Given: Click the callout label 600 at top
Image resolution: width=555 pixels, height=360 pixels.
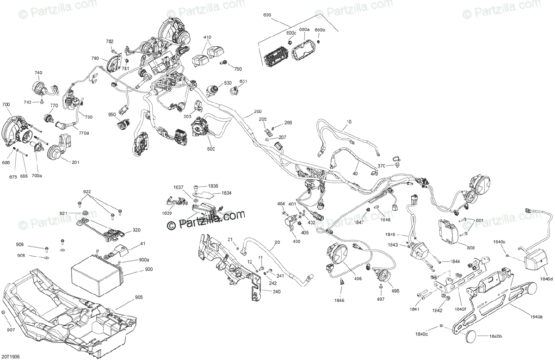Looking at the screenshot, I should (267, 15).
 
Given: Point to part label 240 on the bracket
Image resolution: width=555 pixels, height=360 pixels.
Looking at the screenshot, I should (276, 292).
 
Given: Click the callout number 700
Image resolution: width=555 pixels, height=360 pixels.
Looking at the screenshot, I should (6, 106).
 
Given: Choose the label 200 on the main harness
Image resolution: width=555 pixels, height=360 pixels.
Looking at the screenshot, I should (257, 112).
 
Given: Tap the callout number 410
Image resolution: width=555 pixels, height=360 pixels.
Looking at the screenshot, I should (207, 37).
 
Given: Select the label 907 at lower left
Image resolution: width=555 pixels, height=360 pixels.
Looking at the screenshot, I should (10, 330).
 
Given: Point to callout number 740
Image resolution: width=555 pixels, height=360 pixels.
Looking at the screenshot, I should (38, 73).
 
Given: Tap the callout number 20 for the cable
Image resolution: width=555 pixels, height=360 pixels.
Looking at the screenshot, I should (277, 242).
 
